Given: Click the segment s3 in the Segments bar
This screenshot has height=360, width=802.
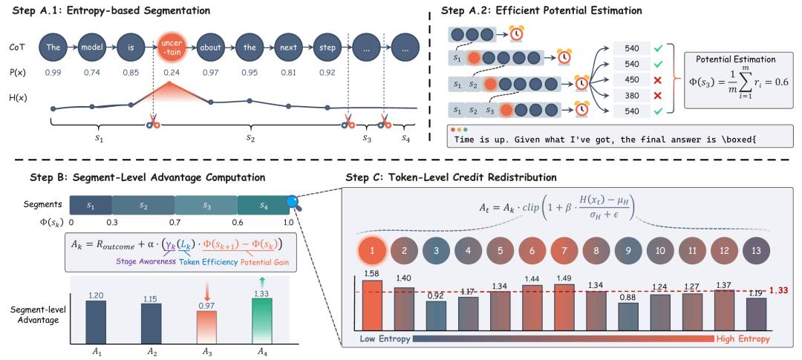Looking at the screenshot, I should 206,205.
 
